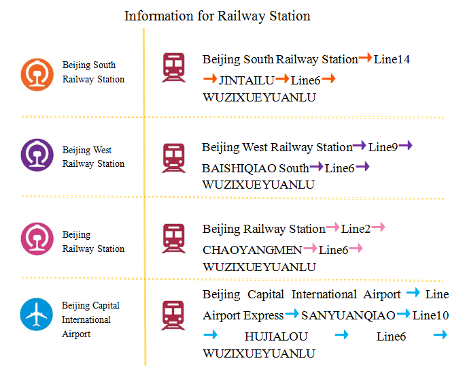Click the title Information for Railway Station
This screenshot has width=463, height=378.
[217, 16]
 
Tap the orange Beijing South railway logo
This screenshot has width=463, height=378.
[37, 74]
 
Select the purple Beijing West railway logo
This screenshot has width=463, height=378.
[37, 155]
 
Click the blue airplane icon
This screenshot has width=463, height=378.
[37, 314]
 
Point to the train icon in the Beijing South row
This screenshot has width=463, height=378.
[173, 67]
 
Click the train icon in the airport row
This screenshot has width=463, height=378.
[173, 315]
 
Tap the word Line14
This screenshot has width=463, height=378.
[392, 60]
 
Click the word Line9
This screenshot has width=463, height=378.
[383, 147]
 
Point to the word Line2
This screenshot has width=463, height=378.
[356, 229]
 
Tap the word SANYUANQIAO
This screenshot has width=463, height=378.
[348, 315]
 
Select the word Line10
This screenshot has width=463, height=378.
[430, 315]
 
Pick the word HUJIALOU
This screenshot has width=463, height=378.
[276, 336]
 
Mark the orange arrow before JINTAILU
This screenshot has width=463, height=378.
[210, 80]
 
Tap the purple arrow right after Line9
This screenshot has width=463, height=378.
[406, 146]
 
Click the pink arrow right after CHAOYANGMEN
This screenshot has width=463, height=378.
[311, 249]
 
